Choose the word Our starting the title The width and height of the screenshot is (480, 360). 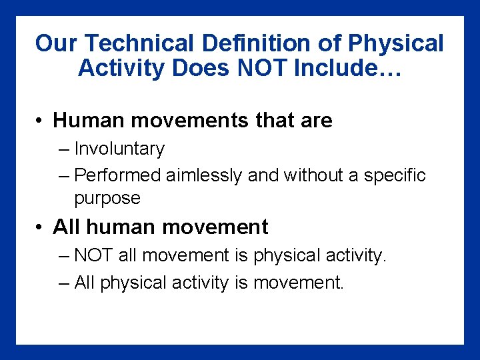click(57, 44)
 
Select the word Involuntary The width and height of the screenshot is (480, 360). click(119, 149)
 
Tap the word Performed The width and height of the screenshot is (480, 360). click(118, 175)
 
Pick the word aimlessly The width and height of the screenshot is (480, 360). click(204, 175)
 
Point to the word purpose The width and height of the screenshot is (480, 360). click(107, 199)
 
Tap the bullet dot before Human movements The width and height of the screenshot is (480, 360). click(41, 121)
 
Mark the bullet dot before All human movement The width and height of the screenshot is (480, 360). click(41, 227)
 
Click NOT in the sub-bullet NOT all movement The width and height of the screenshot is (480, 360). click(93, 256)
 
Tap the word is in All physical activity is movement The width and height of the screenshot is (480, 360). click(241, 283)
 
